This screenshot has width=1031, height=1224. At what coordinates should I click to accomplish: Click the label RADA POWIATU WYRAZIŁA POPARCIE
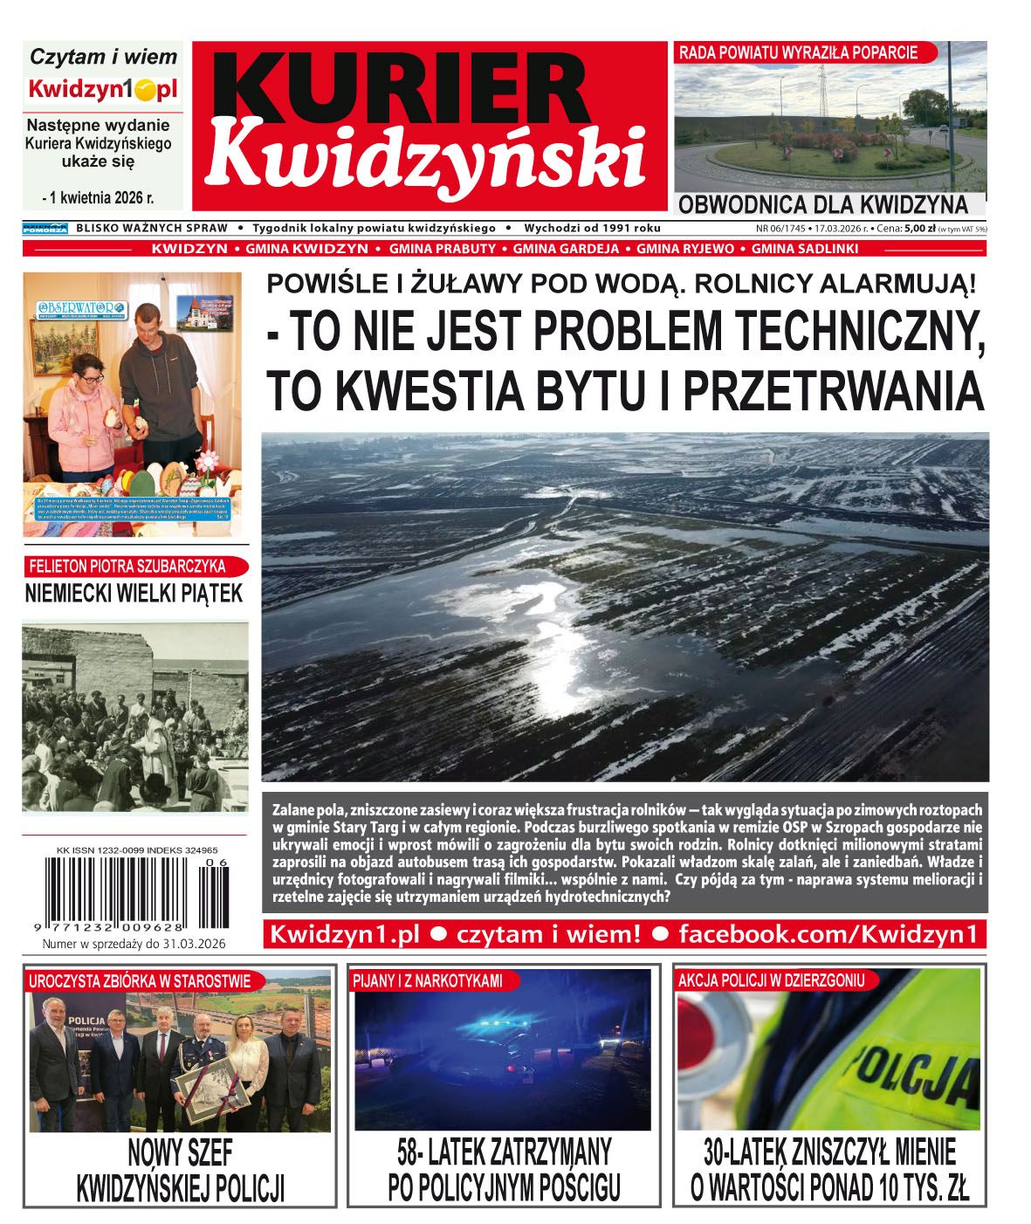point(798,52)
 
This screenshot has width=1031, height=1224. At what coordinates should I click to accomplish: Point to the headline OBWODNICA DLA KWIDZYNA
point(822,205)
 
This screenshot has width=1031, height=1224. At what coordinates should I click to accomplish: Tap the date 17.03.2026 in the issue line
point(839,229)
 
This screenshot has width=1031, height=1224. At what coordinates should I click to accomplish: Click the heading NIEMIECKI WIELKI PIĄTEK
point(134,594)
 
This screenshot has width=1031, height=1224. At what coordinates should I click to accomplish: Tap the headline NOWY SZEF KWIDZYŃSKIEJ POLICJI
point(181,1170)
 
